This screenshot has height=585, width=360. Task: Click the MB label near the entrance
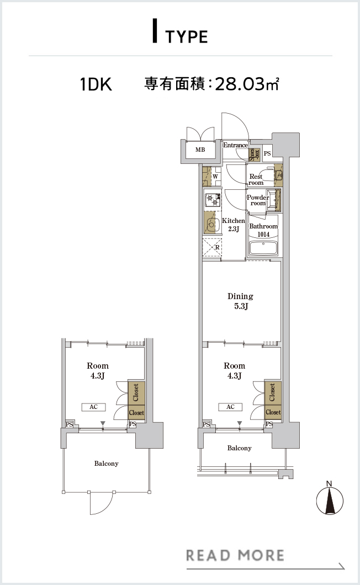tap(200, 150)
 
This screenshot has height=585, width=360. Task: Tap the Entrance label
tap(235, 145)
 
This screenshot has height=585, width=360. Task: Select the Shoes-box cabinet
tap(254, 155)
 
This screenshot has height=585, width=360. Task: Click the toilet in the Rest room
tap(278, 175)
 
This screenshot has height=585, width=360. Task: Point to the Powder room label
tap(258, 200)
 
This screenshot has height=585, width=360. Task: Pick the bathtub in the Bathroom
tap(264, 248)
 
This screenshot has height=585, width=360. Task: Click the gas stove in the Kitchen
tap(212, 199)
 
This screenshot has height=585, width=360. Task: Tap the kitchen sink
tap(211, 224)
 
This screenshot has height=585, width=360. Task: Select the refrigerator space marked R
tap(212, 247)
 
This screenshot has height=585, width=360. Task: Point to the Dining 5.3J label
tap(241, 301)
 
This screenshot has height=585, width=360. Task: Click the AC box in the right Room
tap(230, 407)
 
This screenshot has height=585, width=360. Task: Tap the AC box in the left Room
tap(93, 407)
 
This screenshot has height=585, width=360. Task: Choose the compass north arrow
tap(330, 501)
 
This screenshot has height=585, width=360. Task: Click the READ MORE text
tap(235, 555)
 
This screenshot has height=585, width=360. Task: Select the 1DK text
tap(96, 84)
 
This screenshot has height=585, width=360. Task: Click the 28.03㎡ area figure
tap(247, 84)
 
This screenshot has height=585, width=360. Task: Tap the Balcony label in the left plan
tap(107, 464)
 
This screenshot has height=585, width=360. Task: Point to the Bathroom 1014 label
tap(264, 230)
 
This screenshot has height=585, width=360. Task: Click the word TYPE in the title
tap(186, 37)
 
